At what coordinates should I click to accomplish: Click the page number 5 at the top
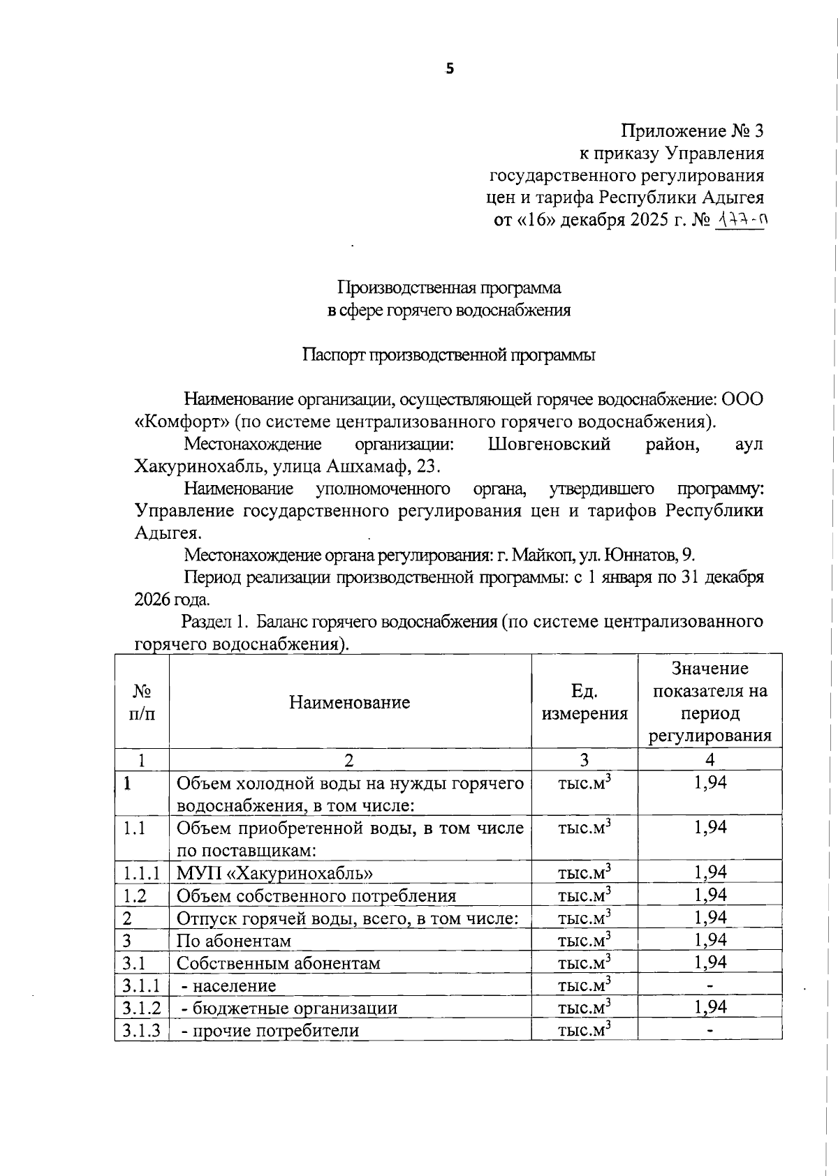click(450, 68)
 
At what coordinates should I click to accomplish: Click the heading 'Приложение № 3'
click(692, 131)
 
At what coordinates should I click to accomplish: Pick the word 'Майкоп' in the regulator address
click(540, 555)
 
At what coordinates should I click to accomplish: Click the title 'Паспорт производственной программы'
click(449, 355)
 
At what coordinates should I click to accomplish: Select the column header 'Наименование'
click(350, 701)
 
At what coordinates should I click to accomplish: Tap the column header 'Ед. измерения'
click(585, 701)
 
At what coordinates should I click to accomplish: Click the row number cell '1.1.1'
click(142, 872)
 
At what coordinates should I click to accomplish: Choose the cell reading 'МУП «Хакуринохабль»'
click(274, 873)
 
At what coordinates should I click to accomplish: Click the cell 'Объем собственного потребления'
click(316, 895)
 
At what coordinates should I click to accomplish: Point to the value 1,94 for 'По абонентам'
click(710, 939)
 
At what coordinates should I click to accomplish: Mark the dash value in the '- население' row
click(710, 985)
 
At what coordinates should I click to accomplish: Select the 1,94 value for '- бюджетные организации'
click(710, 1006)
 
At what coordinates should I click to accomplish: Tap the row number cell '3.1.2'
click(142, 1007)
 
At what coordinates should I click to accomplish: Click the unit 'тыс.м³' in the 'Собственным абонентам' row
click(585, 962)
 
